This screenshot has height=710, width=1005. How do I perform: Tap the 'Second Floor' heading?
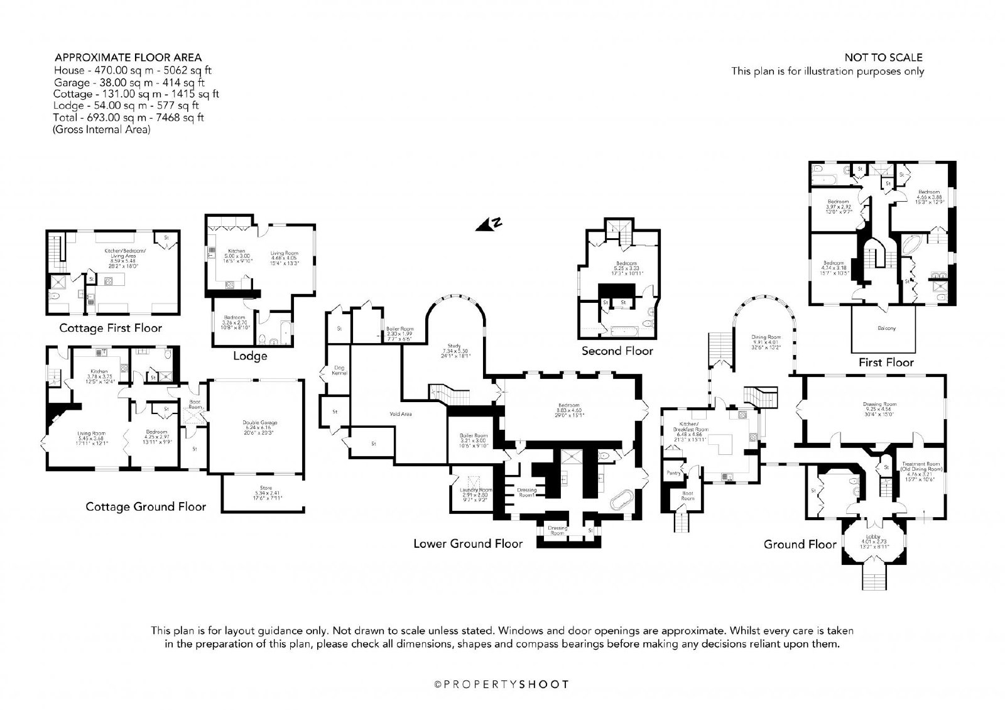pos(617,351)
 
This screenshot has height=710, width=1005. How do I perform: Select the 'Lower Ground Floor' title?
pos(467,543)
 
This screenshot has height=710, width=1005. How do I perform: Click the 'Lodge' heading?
pos(250,356)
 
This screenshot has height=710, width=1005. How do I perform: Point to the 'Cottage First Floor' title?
pos(111,328)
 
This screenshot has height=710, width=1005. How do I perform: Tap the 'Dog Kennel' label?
pos(340,370)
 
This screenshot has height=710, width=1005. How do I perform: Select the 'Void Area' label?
pos(400,413)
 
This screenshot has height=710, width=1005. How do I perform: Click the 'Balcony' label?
pos(886,328)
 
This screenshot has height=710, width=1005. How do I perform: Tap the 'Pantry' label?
pos(673,472)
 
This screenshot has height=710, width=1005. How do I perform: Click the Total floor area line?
pos(129,117)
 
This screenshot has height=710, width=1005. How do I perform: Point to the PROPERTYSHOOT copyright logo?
pos(503,684)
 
